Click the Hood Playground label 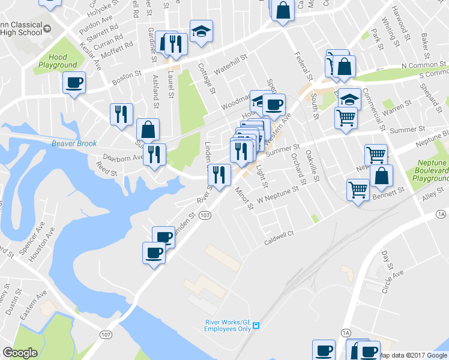[58, 61]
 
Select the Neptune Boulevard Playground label [431, 171]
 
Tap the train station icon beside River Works [256, 325]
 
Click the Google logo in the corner [20, 353]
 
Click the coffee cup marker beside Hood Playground [74, 83]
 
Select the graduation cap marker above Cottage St [202, 31]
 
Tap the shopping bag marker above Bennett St [381, 176]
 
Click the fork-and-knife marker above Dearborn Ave [155, 155]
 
